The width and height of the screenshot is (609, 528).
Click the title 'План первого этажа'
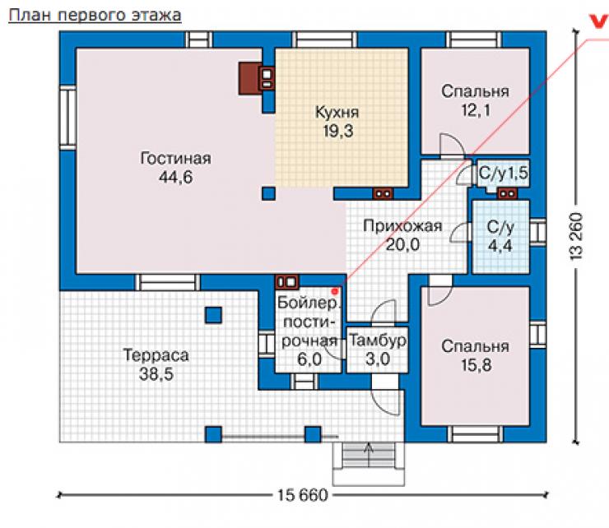[95, 16]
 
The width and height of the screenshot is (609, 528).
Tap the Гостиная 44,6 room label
[175, 168]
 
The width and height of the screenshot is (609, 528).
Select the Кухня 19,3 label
[337, 122]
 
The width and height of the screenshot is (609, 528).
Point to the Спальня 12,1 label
[475, 100]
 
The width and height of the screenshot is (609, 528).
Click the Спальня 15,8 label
[475, 355]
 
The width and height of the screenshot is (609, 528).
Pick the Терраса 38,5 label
[156, 364]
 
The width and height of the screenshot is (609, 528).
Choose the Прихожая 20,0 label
[402, 235]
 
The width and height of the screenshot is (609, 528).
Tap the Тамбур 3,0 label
[378, 350]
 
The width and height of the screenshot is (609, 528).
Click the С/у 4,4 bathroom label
[500, 236]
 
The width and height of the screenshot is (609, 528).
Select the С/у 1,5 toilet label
[504, 173]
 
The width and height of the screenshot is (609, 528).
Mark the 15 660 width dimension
[303, 495]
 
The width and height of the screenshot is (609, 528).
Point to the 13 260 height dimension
[577, 236]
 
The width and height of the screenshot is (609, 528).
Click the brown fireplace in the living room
[249, 78]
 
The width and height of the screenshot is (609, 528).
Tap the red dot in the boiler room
[334, 291]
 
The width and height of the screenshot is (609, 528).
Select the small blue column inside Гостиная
[268, 193]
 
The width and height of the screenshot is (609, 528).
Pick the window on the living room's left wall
[67, 118]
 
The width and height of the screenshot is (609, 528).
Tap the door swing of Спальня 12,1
[452, 146]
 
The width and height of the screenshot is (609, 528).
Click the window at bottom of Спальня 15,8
[475, 434]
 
